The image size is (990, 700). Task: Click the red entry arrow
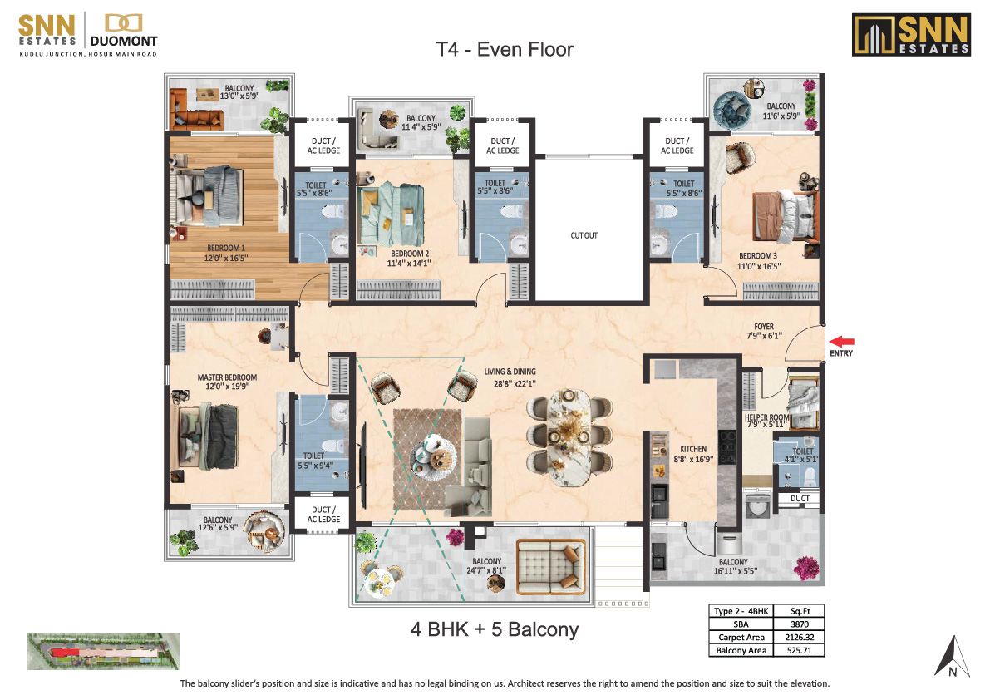point(841,342)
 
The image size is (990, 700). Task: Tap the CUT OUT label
point(584,235)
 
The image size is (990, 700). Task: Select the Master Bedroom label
point(227,377)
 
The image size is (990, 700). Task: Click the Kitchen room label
point(693,449)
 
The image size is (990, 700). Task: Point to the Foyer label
point(764,327)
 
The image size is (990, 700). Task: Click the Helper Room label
point(766,417)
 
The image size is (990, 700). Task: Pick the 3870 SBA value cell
point(800,624)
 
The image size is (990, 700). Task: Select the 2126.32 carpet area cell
point(800,637)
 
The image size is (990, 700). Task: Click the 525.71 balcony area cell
point(800,650)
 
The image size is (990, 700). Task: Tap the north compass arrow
point(952,657)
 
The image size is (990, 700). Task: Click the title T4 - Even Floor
point(505,49)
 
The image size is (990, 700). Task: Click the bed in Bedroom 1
point(209,195)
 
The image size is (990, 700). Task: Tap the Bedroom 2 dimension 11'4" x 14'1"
point(408,264)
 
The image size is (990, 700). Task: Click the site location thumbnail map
point(103,651)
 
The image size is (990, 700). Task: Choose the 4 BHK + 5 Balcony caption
point(495,629)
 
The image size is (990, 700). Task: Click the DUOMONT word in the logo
point(124,41)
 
